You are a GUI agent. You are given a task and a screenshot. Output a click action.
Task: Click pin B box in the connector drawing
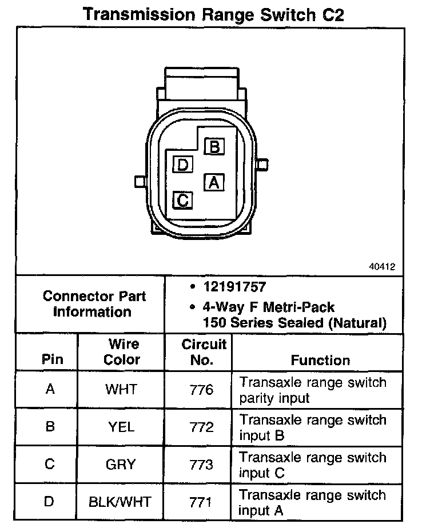(214, 147)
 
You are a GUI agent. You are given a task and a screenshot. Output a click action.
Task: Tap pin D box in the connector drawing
(182, 165)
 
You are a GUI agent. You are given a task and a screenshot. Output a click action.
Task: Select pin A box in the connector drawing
(214, 182)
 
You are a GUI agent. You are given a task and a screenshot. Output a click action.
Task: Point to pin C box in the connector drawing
(182, 200)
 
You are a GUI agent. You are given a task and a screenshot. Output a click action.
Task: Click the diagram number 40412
(381, 266)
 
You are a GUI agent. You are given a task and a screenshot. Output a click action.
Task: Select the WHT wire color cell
(121, 390)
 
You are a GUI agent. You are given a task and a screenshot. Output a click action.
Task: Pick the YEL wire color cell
(121, 427)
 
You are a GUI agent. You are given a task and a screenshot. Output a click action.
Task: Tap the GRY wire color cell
(121, 464)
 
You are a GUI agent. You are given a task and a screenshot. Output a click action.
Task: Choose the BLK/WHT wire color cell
(121, 502)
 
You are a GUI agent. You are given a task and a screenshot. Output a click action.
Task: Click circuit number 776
(201, 390)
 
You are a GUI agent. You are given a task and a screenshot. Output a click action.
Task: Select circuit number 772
(201, 427)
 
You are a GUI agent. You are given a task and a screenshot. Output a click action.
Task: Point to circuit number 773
(201, 464)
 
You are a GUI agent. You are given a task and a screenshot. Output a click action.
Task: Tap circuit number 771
(201, 502)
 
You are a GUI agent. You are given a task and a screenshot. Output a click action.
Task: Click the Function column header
(320, 360)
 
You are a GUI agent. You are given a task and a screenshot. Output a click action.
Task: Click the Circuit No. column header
(204, 352)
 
